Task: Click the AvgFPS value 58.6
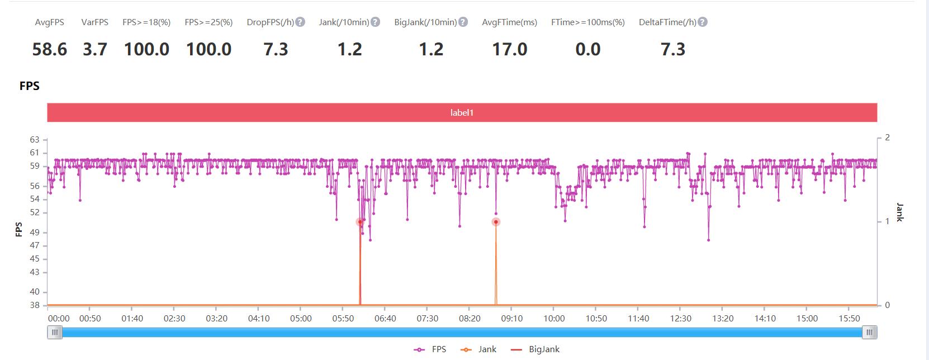click(49, 49)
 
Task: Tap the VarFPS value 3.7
click(94, 49)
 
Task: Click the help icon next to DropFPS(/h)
click(300, 22)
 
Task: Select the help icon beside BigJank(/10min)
click(463, 22)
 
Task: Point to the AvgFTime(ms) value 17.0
click(509, 49)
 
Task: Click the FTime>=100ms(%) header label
click(587, 22)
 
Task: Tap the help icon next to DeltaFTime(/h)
click(703, 22)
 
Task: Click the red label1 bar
click(462, 112)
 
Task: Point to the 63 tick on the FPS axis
click(35, 139)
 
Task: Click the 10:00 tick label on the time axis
click(554, 319)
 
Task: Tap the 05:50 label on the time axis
click(343, 319)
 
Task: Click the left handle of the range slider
click(55, 333)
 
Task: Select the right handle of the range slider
click(869, 333)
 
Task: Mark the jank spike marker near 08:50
click(496, 222)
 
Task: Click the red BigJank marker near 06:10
click(360, 222)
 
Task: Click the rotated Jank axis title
click(899, 212)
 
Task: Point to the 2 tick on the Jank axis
click(887, 138)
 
